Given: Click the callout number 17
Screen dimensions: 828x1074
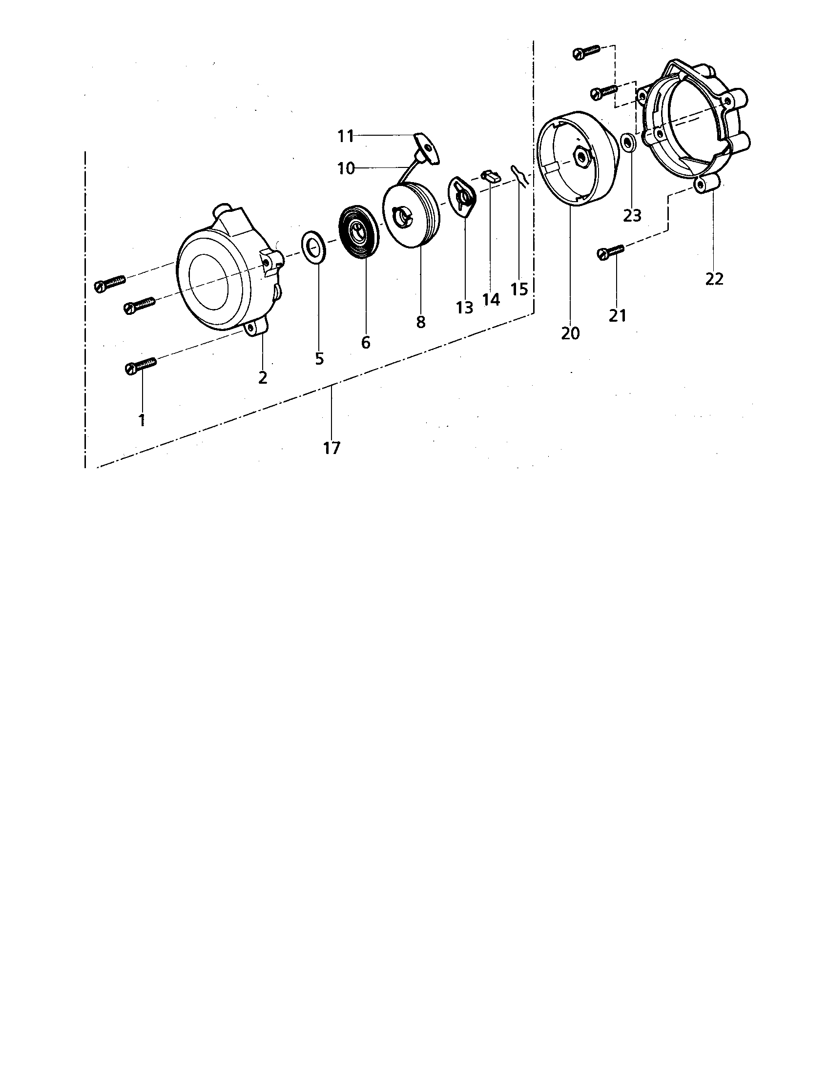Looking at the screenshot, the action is tap(332, 448).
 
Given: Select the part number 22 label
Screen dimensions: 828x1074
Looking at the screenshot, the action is tap(714, 279).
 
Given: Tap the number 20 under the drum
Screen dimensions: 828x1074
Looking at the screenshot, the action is tap(570, 333).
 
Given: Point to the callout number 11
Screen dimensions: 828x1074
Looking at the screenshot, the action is tap(346, 136).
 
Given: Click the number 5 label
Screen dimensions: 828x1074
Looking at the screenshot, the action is tap(320, 359).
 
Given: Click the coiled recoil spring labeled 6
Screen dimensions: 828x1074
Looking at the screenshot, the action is tap(359, 231).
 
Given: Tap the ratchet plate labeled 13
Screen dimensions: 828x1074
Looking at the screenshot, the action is tap(463, 197).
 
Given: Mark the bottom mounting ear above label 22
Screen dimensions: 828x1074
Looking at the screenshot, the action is tap(708, 184).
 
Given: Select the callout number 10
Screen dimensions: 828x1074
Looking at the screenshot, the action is tap(346, 169).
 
